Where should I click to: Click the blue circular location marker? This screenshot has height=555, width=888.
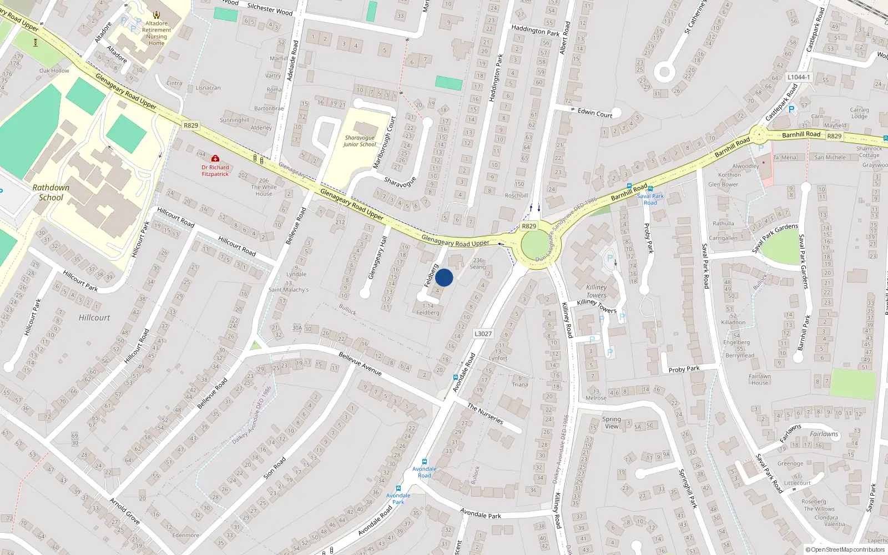point(444,277)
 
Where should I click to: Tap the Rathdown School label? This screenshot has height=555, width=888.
point(51,193)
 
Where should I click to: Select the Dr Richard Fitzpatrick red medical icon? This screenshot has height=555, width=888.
point(215,159)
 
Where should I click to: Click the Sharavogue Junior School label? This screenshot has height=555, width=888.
point(360,141)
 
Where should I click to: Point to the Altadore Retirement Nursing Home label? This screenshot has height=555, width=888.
point(157,33)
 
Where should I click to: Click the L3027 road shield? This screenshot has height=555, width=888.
point(483,334)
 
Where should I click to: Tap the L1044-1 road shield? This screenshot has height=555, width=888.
point(798,77)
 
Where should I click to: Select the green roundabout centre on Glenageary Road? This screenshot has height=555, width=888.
point(534,244)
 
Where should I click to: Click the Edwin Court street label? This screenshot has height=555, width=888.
point(595,113)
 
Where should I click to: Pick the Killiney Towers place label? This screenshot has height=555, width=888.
point(597,291)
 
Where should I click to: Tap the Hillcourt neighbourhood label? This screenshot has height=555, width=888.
point(94,317)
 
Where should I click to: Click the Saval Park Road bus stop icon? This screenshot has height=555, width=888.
point(650,189)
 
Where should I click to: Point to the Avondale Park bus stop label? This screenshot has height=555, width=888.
point(398,498)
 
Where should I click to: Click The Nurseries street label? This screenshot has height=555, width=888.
point(485,414)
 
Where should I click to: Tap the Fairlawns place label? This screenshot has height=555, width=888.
point(824,434)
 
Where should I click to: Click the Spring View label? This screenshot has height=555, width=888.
point(612,423)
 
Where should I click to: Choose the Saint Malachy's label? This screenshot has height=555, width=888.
point(289,290)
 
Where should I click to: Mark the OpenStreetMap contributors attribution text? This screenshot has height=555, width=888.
point(845,549)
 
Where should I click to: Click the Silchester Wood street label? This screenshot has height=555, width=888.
point(270,9)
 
